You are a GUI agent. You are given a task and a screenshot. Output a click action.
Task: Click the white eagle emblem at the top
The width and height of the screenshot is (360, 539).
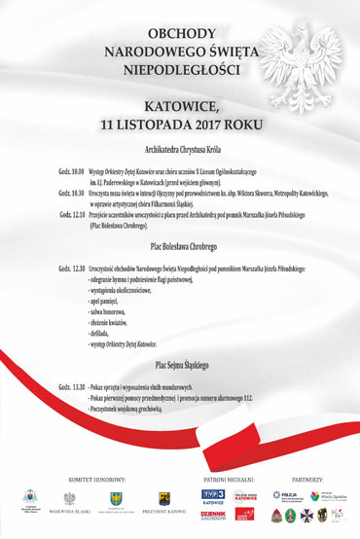pos(283,58)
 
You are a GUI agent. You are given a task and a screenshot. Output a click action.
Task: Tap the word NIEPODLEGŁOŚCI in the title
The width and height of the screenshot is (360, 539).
pos(180,70)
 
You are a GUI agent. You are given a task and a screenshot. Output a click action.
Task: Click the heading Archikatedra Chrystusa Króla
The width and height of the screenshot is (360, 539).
pos(180,151)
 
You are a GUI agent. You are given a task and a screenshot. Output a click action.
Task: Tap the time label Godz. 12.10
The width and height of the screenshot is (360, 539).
pos(74,215)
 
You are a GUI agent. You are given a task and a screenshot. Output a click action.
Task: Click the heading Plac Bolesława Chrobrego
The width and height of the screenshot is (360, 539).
pos(180,245)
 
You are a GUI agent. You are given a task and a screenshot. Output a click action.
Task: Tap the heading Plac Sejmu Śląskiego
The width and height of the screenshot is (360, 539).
pos(180,365)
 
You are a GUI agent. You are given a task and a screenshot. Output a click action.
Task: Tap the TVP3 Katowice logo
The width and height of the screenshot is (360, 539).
pos(186,495)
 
